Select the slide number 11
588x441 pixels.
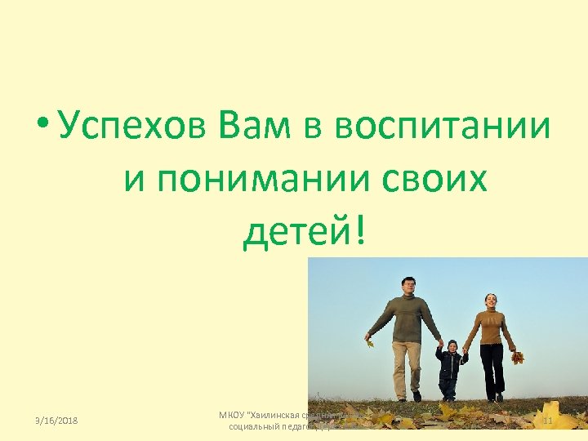[x=547, y=421]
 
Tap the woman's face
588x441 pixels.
[x=490, y=301]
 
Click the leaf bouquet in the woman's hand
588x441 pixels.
[x=516, y=357]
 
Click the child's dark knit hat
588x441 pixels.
[x=450, y=343]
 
